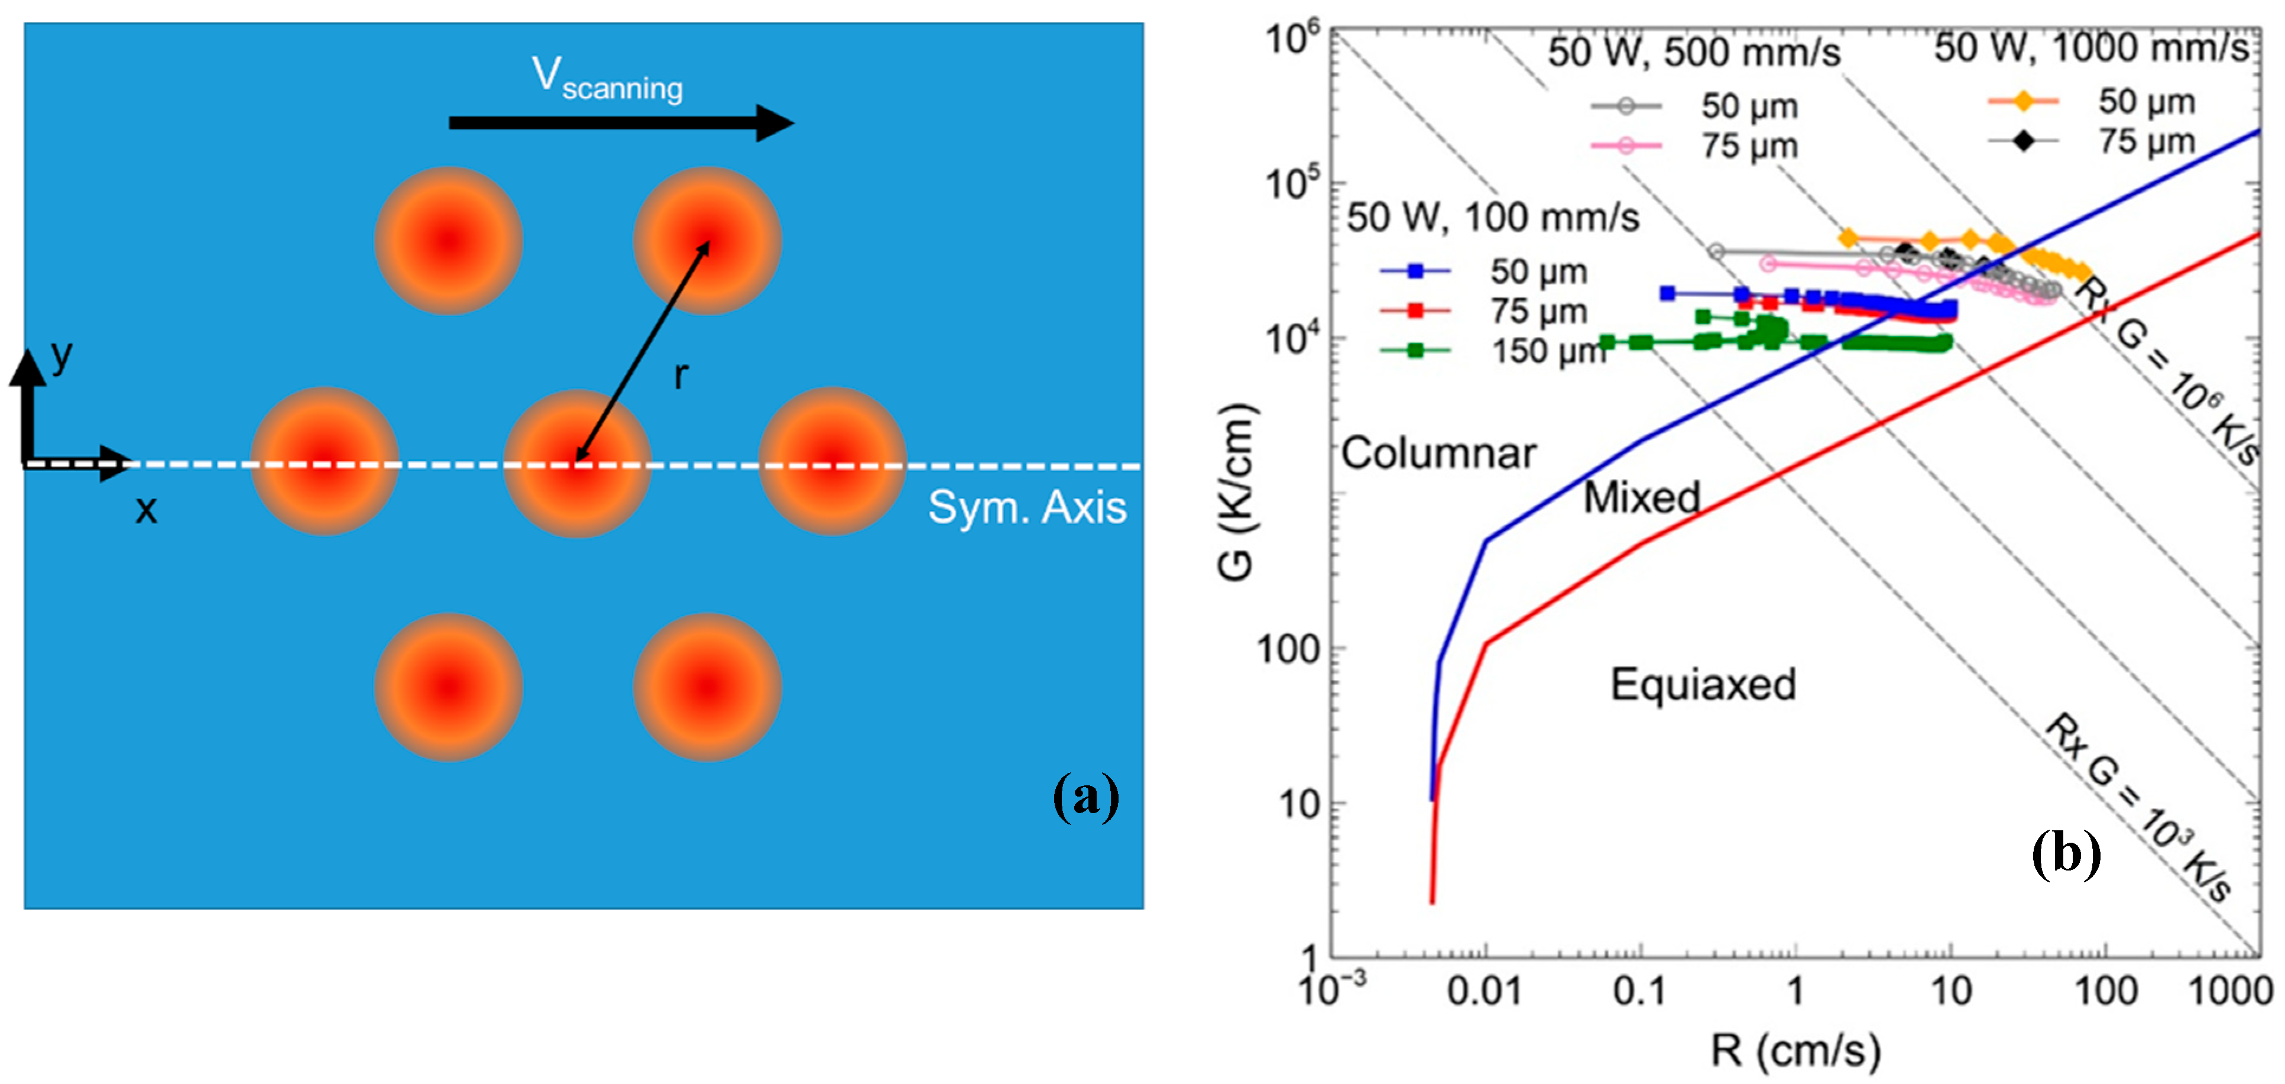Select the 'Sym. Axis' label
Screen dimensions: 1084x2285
(x=1026, y=507)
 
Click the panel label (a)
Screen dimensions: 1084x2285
(x=1085, y=796)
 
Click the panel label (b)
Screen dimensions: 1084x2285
(x=2066, y=853)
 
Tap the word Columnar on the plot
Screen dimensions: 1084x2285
(x=1438, y=453)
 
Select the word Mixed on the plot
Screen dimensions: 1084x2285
(x=1642, y=497)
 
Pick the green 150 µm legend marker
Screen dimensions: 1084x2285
(x=1416, y=350)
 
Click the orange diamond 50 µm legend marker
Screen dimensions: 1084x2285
(x=2023, y=101)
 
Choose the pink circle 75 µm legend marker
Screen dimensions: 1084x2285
(x=1625, y=145)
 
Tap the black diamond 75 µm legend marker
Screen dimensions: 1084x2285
(x=2023, y=140)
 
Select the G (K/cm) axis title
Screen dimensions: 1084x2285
(x=1236, y=492)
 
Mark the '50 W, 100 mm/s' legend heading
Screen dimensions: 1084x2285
(x=1493, y=218)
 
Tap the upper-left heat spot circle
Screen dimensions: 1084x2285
(x=449, y=240)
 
